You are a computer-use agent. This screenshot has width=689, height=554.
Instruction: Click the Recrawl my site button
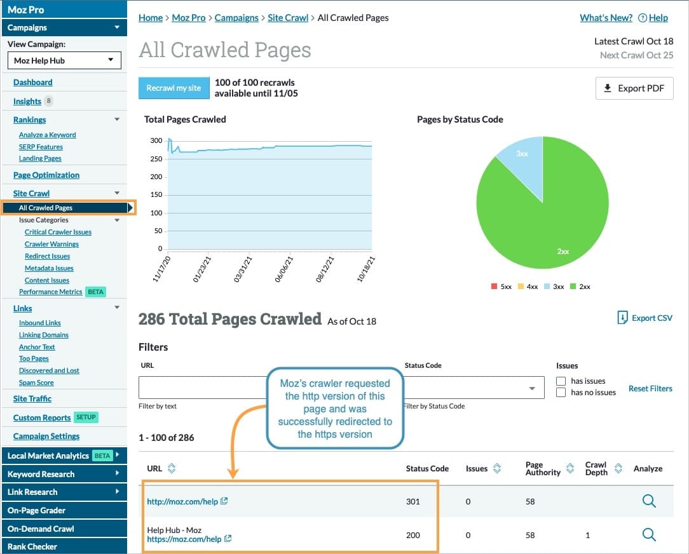[x=174, y=88]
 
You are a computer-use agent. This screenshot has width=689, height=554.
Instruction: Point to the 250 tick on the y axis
[x=156, y=159]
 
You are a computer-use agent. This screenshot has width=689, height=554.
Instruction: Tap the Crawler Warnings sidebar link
[x=51, y=244]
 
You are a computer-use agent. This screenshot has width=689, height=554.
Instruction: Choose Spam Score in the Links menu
[x=36, y=382]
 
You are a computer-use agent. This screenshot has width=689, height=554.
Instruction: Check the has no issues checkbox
[x=561, y=393]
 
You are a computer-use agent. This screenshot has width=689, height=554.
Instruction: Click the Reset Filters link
[x=650, y=388]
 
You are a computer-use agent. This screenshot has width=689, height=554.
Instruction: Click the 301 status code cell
[x=413, y=501]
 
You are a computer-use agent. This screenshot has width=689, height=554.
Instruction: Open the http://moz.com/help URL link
[x=182, y=501]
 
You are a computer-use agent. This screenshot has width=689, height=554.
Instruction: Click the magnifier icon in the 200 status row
[x=648, y=534]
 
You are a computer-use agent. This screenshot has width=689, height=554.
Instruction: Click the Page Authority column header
[x=543, y=468]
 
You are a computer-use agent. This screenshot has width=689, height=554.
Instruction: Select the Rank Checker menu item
[x=32, y=546]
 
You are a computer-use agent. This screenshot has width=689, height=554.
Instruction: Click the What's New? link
[x=606, y=18]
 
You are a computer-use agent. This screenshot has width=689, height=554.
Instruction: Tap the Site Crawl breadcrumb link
[x=287, y=18]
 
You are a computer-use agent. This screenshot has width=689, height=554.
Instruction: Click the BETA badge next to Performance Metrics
[x=95, y=292]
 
